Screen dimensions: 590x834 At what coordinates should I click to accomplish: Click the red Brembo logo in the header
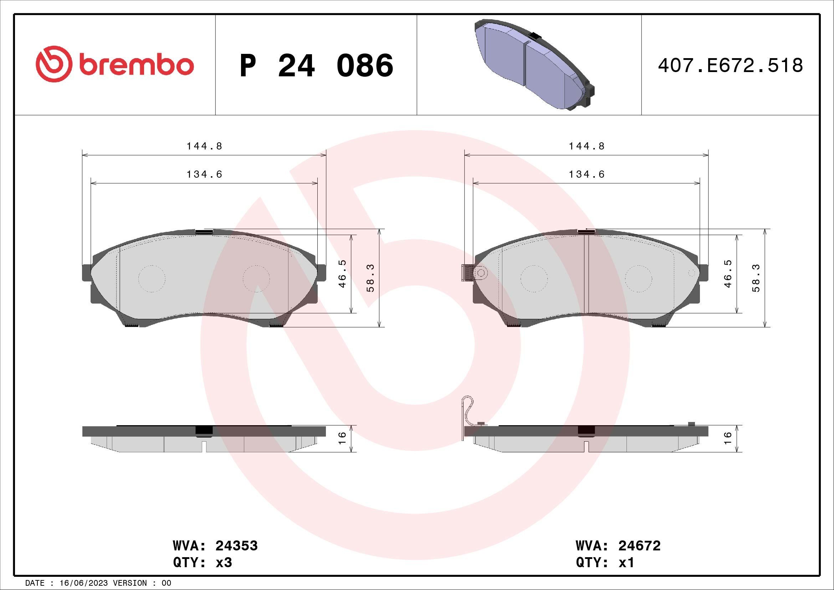[x=114, y=64]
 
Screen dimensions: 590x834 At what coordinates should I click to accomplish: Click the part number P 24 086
[x=316, y=66]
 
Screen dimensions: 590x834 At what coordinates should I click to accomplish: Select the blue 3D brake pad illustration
[x=534, y=64]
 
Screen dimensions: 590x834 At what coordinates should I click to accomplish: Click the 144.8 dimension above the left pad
[x=204, y=146]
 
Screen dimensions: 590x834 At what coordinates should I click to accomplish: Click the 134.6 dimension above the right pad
[x=587, y=174]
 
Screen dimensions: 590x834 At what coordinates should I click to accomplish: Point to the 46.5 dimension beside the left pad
[x=343, y=274]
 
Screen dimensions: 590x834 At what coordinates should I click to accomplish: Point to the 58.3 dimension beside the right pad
[x=756, y=278]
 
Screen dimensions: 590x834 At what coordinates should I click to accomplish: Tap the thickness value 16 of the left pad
[x=343, y=438]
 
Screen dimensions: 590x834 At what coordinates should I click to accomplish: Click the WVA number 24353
[x=236, y=546]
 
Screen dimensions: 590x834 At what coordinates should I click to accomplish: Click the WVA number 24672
[x=639, y=546]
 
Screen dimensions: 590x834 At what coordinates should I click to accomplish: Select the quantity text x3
[x=224, y=563]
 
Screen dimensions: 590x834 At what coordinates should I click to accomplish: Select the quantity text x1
[x=626, y=563]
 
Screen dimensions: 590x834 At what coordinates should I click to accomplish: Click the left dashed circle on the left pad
[x=152, y=279]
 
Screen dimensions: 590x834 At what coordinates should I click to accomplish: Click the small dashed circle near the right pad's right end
[x=692, y=273]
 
